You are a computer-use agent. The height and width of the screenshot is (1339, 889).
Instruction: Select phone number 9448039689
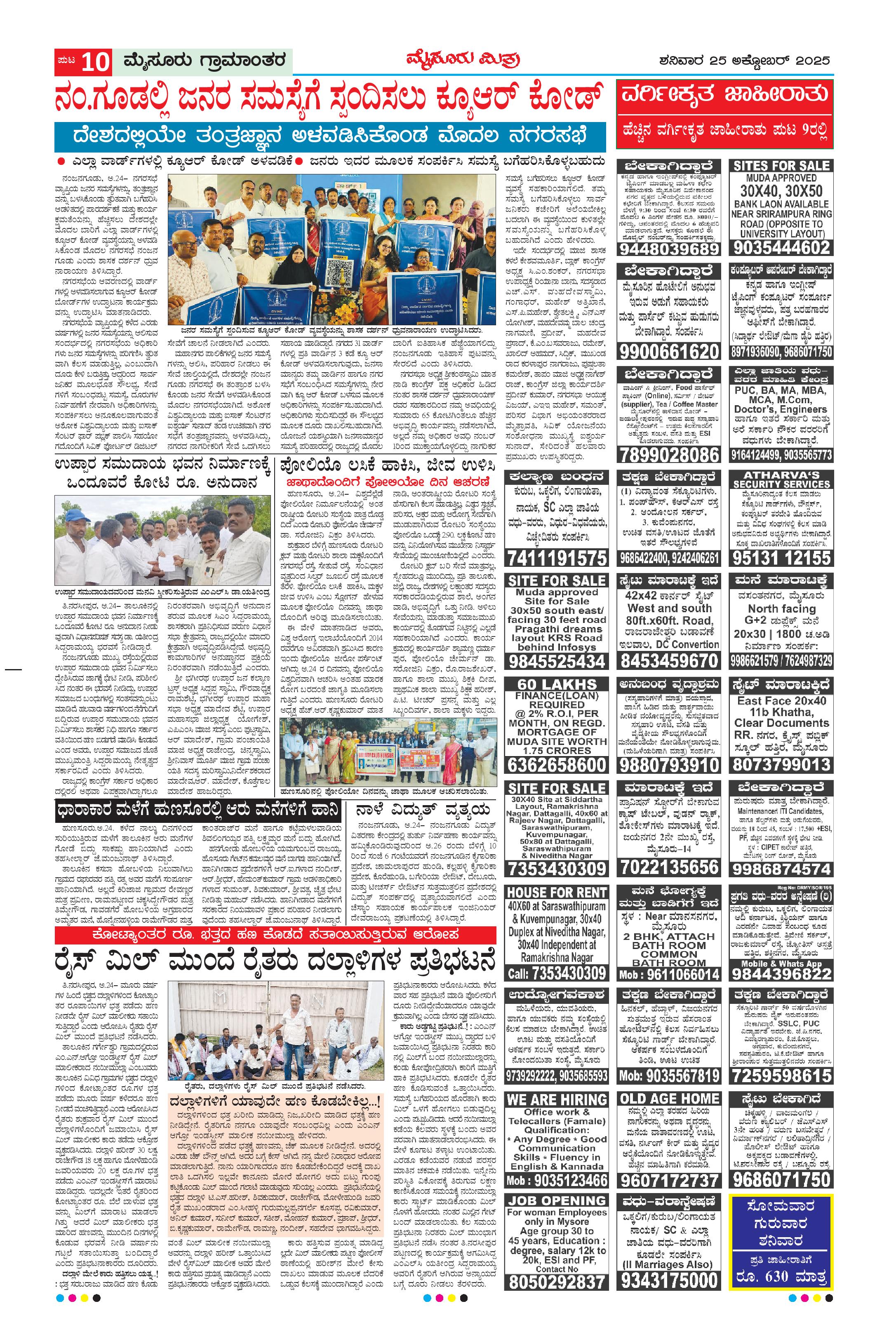tap(668, 249)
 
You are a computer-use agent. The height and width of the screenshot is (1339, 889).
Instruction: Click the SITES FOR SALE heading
tap(781, 166)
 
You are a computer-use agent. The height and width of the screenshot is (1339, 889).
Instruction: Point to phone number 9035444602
tap(781, 248)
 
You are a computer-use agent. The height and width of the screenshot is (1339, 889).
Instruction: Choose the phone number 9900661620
tap(668, 352)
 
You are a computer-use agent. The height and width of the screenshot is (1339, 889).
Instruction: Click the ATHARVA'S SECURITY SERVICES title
tap(781, 479)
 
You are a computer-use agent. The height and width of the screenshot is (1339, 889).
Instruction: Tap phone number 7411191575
tap(556, 558)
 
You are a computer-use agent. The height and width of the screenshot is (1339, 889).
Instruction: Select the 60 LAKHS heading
tap(556, 684)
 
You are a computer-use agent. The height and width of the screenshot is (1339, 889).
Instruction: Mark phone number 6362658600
tap(556, 765)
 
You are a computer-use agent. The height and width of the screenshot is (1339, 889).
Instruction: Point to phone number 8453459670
tap(668, 661)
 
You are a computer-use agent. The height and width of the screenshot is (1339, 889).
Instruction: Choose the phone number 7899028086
tap(668, 455)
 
